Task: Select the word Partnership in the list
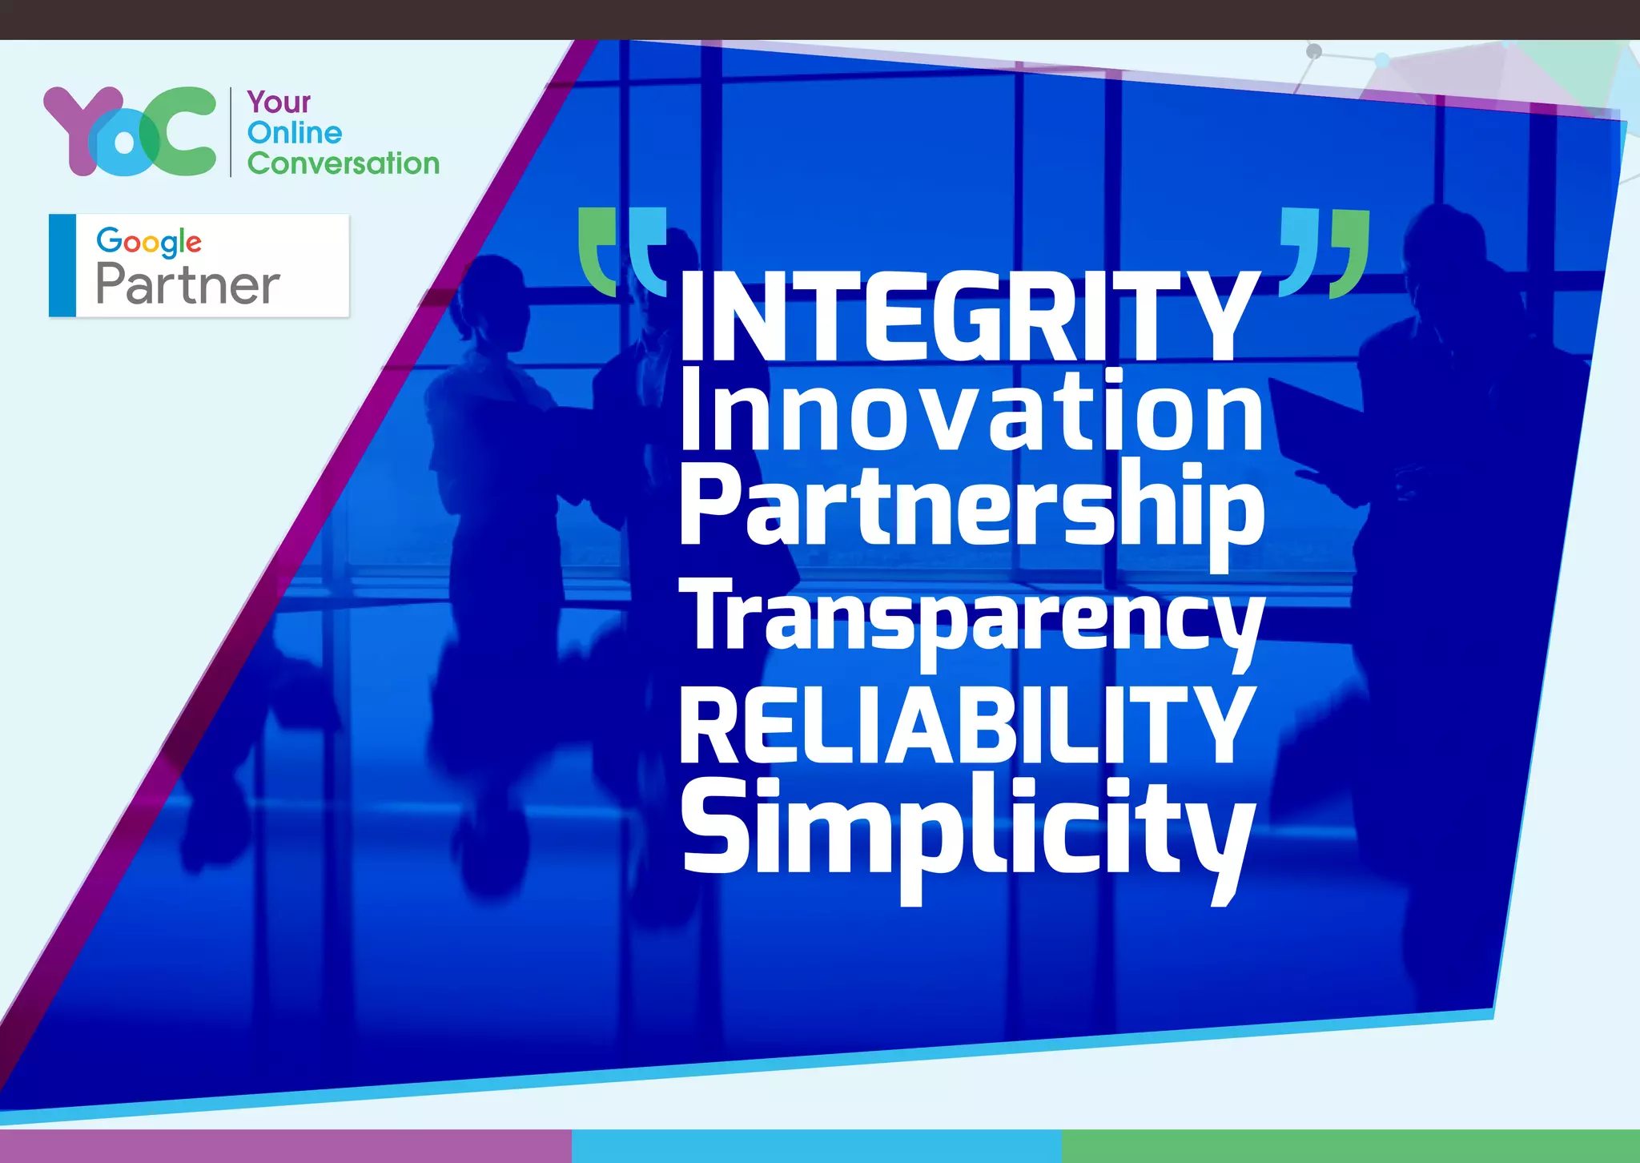[x=971, y=509]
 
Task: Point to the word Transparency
[x=971, y=617]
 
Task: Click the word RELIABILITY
[x=965, y=725]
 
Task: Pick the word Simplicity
[x=965, y=829]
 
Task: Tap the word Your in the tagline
[x=279, y=103]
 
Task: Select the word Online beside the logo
[x=294, y=133]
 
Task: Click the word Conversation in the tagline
[x=343, y=163]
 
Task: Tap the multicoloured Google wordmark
[x=149, y=241]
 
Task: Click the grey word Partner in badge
[x=187, y=284]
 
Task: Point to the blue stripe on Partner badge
[x=62, y=265]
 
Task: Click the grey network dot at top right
[x=1313, y=51]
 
